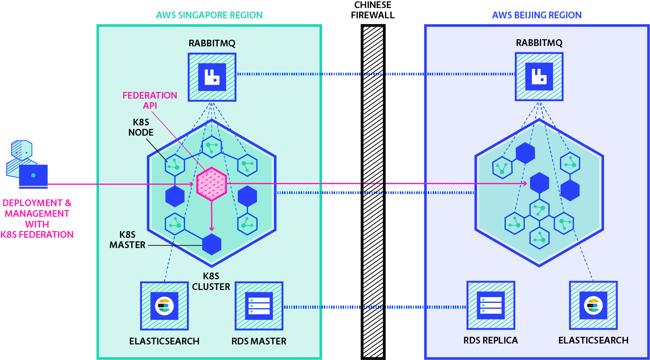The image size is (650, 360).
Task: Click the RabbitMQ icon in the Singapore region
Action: click(x=212, y=77)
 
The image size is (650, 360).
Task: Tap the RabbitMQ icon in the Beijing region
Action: click(x=539, y=76)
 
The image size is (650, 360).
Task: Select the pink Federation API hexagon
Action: click(x=212, y=182)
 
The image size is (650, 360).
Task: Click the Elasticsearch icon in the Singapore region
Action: click(x=164, y=306)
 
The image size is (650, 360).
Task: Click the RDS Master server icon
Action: click(x=259, y=306)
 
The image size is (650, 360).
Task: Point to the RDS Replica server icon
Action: click(x=491, y=306)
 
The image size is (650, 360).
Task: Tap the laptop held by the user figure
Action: click(x=33, y=176)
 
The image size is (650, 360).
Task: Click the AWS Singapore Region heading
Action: click(x=209, y=15)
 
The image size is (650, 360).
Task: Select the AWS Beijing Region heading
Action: click(x=537, y=15)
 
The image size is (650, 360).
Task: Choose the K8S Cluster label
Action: click(x=211, y=281)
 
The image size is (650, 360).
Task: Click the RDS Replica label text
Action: click(x=491, y=340)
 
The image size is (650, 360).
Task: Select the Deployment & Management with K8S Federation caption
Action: click(x=37, y=219)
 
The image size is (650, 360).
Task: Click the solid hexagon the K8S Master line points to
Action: click(x=211, y=244)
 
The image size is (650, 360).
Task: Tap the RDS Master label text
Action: click(x=259, y=341)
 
